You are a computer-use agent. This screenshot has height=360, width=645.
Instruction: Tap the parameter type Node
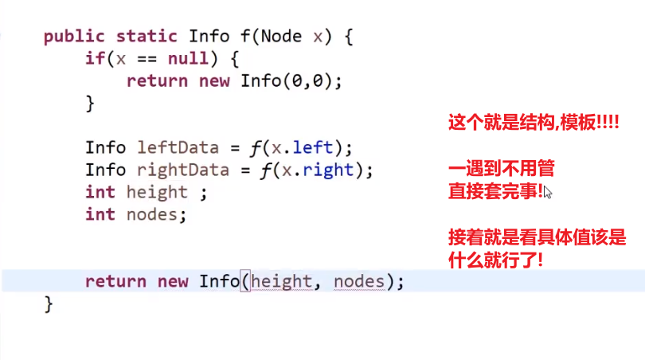tap(280, 37)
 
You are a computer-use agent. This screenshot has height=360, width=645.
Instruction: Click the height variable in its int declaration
tap(157, 193)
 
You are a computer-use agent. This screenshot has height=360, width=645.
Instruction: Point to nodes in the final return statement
tap(359, 282)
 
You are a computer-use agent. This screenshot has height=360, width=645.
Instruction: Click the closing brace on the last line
tap(49, 303)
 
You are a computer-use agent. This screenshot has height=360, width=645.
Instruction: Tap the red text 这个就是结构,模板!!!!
tap(534, 124)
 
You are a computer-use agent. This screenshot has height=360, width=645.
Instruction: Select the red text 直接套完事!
tap(495, 191)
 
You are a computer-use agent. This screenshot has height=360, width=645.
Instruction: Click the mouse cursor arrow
tap(548, 192)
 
